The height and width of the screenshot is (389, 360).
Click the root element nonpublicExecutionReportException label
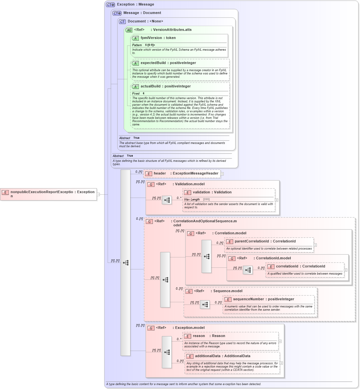tap(42, 192)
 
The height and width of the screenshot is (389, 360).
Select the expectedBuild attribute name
tap(153, 63)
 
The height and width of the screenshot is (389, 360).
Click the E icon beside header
tap(149, 174)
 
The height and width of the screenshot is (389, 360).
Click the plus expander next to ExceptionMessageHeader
tap(222, 174)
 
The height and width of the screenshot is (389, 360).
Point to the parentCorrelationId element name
tap(252, 241)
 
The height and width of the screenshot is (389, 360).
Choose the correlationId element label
tap(287, 266)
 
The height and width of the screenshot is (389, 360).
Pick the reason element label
tap(199, 336)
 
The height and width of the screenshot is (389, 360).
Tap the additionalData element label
tap(207, 356)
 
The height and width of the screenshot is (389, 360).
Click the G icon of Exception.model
tap(151, 328)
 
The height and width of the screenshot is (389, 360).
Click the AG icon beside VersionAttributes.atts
tap(129, 30)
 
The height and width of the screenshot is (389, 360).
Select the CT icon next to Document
tap(122, 22)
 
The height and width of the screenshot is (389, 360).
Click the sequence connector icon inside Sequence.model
tap(205, 305)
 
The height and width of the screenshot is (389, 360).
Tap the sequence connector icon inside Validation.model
tap(167, 200)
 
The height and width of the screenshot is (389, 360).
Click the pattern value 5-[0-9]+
tap(150, 45)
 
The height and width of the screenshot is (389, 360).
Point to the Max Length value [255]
tap(206, 200)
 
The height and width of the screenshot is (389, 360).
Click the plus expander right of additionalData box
tap(281, 363)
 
